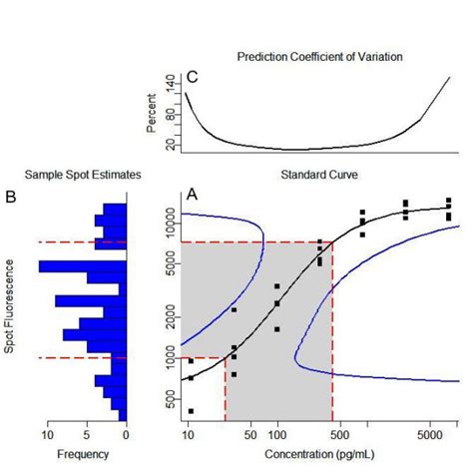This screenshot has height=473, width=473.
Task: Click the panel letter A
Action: coord(193,196)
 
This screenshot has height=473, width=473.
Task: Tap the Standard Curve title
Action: coord(319,175)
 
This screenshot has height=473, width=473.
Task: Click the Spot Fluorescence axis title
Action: coord(10,307)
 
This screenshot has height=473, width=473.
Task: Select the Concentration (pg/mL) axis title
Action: coord(319,455)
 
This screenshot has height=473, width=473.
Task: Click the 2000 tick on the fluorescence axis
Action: coord(171,310)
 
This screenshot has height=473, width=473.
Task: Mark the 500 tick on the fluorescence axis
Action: coord(171,401)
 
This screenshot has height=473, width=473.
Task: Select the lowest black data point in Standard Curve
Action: coord(191,411)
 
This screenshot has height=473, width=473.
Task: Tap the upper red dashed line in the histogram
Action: coord(80,242)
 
